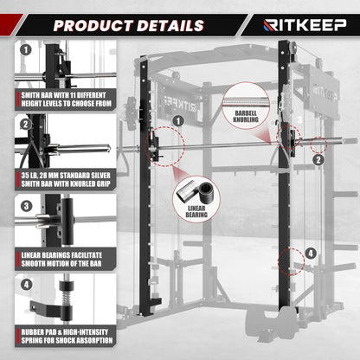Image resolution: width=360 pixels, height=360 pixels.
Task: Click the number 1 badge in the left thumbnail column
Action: (x=26, y=50)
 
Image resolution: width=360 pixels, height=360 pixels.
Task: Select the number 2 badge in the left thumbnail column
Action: (x=26, y=125)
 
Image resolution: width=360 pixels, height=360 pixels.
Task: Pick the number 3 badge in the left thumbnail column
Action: (x=26, y=207)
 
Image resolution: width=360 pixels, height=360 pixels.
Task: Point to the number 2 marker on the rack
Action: (x=318, y=159)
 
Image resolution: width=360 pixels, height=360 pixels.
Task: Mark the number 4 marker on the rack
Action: (x=311, y=254)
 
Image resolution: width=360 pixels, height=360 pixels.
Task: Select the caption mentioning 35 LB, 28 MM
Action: (x=63, y=179)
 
